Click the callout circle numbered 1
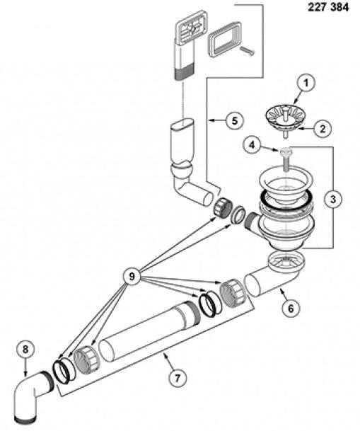point(306,84)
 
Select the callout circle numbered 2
point(323,129)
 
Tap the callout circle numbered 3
point(333,199)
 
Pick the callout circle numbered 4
point(252,145)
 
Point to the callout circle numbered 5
point(234,120)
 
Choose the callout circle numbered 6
point(291,309)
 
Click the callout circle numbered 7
point(177,378)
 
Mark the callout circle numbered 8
point(25,350)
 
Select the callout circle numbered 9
point(132,276)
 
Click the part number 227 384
point(328,7)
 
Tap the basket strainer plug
point(285,120)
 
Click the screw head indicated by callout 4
point(285,151)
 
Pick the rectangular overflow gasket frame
point(225,38)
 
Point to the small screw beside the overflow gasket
point(248,51)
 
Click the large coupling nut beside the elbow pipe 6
point(233,293)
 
